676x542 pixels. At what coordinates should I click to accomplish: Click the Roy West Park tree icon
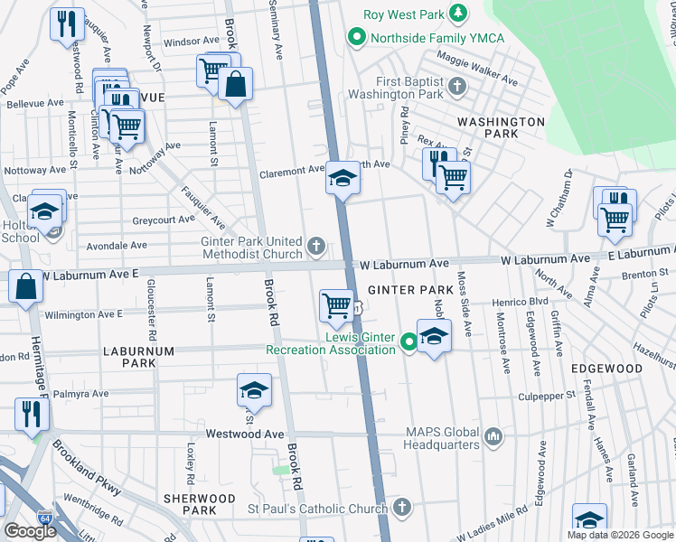coord(459,14)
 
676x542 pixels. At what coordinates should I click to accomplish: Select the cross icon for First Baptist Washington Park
coord(457,87)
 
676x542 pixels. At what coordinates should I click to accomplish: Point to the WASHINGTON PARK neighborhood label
coord(500,127)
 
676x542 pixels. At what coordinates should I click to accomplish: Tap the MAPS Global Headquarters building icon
coord(493,437)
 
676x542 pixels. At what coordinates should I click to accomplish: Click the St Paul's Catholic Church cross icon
coord(402,509)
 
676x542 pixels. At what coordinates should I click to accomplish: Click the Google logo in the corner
coord(30,531)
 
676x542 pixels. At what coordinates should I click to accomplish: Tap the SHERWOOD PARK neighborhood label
coord(199,504)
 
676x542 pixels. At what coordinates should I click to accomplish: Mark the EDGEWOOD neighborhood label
coord(606,369)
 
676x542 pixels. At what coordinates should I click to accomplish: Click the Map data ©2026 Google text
coord(620,535)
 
